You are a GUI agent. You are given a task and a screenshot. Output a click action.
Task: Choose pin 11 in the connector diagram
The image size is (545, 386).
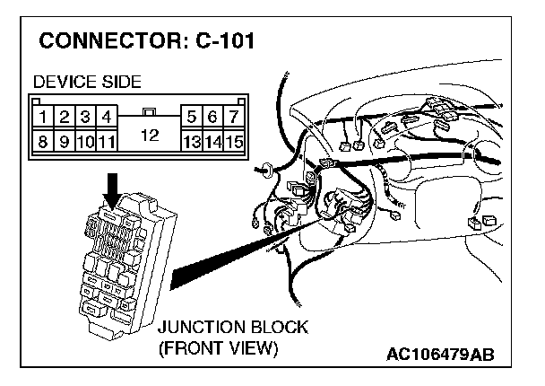[107, 141]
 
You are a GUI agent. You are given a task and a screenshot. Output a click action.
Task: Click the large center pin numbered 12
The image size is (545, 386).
[150, 135]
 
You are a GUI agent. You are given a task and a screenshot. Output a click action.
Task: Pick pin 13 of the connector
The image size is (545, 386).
[190, 141]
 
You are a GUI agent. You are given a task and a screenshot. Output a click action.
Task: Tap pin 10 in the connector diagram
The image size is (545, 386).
[85, 141]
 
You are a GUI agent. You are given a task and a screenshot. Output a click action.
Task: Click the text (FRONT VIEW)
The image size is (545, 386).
[218, 347]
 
